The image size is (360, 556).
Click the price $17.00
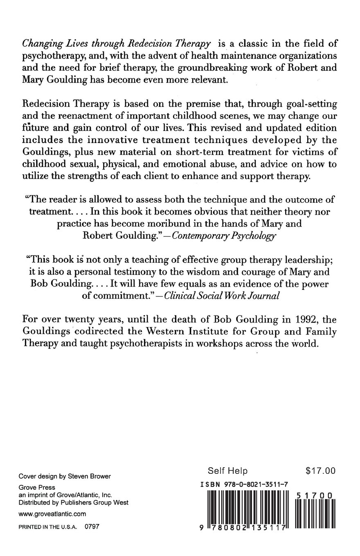(x=320, y=471)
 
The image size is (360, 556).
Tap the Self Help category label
(x=227, y=471)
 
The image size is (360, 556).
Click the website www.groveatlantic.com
(x=52, y=513)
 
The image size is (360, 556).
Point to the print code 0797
(x=92, y=527)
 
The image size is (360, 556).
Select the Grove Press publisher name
(x=37, y=487)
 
